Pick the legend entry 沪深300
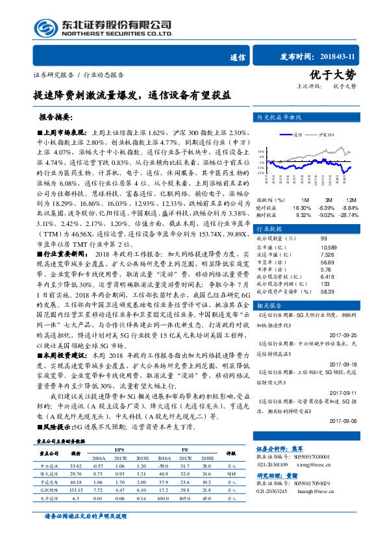[327, 134]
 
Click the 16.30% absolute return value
[302, 207]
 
